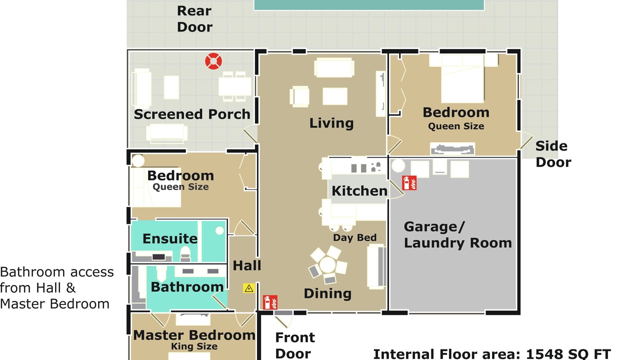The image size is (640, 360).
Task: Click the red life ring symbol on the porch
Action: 213,61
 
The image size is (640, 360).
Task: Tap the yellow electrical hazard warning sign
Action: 249,288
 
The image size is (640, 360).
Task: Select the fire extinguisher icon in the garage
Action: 409,183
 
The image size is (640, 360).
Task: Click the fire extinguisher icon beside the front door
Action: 270,302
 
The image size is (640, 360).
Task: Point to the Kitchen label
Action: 359,191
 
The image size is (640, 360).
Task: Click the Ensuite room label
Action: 170,238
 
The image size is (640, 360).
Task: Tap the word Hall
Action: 247,265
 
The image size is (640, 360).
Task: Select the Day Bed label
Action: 354,237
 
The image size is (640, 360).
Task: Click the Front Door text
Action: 295,345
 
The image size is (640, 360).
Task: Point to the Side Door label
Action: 553,154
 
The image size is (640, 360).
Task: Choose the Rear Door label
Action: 194,19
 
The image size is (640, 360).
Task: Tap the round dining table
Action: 327,264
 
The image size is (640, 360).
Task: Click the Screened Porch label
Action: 192,114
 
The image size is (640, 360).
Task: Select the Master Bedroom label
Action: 194,335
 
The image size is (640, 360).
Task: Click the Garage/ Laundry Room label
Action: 457,235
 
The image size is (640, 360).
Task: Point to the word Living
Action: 331,123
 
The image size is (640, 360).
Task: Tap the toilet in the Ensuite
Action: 185,253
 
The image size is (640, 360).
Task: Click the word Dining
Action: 327,293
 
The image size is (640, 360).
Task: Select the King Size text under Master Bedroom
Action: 194,346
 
